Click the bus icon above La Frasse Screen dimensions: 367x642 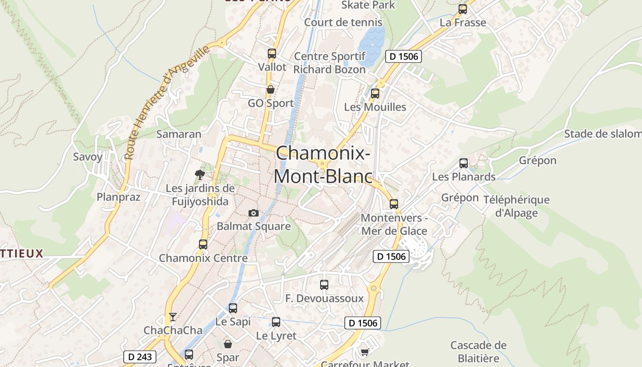(x=463, y=9)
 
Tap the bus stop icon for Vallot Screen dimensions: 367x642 (x=272, y=53)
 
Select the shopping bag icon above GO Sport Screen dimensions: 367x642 (x=271, y=89)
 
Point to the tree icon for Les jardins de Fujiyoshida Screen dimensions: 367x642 (x=199, y=174)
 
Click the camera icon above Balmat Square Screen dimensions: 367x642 (x=253, y=213)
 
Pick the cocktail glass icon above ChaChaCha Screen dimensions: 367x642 (x=172, y=317)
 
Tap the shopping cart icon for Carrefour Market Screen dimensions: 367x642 (x=365, y=352)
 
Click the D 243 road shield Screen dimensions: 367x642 (x=140, y=356)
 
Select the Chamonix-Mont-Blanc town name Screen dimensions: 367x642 (x=323, y=164)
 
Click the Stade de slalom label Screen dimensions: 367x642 (x=602, y=134)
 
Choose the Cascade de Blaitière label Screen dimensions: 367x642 (x=478, y=351)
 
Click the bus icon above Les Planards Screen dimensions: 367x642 (x=464, y=163)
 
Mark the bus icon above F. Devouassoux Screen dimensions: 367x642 (x=324, y=284)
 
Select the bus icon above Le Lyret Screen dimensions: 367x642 (x=276, y=322)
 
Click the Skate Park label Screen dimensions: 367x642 (x=368, y=5)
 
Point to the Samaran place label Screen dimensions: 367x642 (x=179, y=134)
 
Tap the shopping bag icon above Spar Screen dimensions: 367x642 (x=228, y=344)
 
